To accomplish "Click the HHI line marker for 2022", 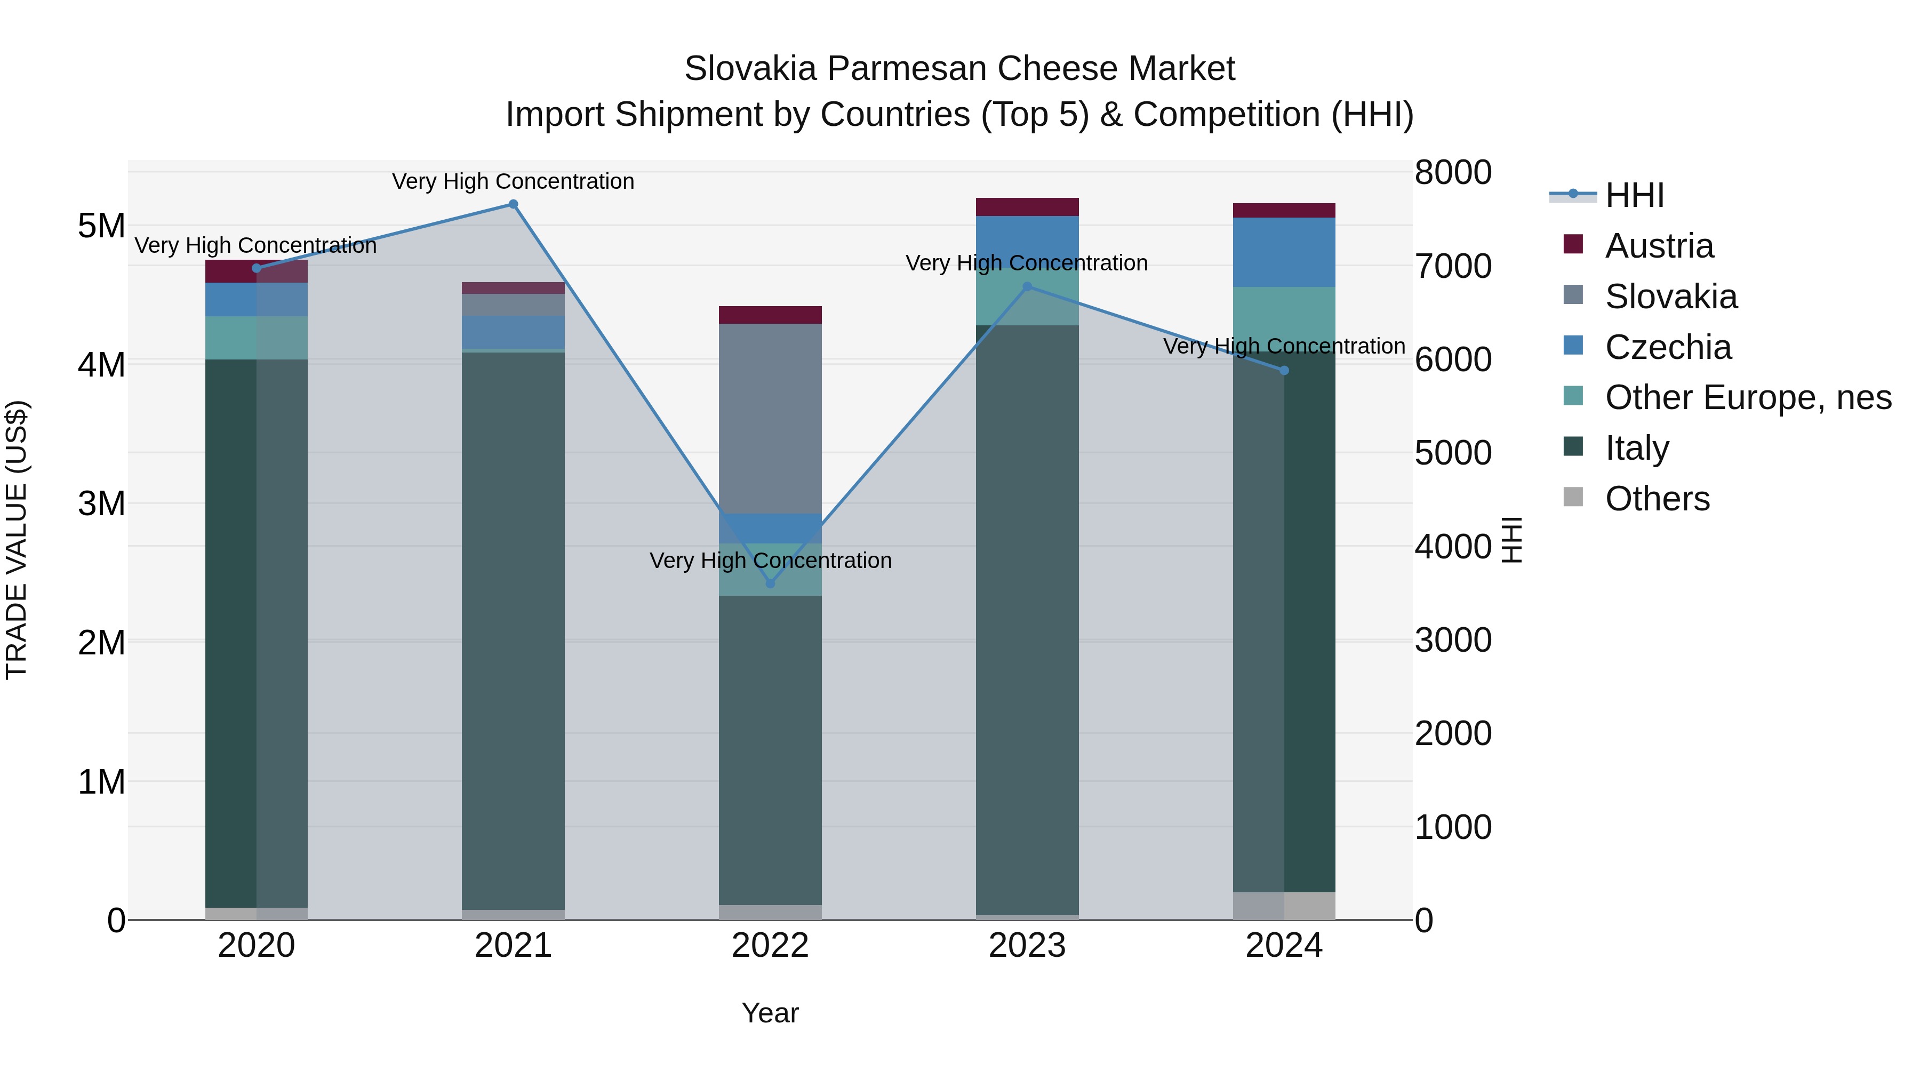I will point(770,583).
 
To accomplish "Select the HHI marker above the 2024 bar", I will point(1284,371).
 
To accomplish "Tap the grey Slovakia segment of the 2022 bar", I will point(770,418).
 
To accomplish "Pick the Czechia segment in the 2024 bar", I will point(1284,252).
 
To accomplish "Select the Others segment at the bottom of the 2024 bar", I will point(1284,906).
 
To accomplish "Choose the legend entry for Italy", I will point(1637,448).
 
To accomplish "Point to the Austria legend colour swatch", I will point(1573,244).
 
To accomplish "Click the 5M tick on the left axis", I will point(101,226).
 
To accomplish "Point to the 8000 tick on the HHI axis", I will point(1453,172).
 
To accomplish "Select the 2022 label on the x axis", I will point(770,946).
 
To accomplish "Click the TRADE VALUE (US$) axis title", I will point(17,540).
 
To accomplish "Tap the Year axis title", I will point(770,1013).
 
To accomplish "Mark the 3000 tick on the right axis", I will point(1453,640).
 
